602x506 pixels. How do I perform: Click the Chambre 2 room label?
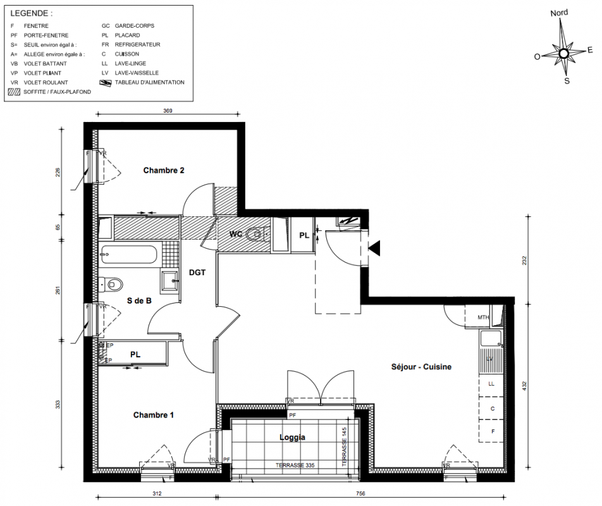click(164, 170)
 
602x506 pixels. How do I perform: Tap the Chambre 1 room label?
click(153, 415)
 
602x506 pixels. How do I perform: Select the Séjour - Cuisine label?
click(421, 367)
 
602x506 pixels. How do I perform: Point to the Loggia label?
click(292, 437)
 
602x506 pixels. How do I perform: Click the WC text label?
click(235, 234)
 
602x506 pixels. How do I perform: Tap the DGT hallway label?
click(197, 273)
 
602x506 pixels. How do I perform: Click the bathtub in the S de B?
click(128, 254)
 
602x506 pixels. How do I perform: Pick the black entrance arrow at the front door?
click(374, 248)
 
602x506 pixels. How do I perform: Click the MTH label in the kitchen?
click(483, 318)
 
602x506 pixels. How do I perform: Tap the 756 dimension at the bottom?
click(360, 493)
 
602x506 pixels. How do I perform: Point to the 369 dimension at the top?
click(168, 111)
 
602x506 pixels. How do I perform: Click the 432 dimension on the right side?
click(524, 386)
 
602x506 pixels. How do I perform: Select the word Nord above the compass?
click(559, 13)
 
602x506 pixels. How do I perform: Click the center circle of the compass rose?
click(563, 53)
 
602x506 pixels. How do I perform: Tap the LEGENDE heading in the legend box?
click(31, 13)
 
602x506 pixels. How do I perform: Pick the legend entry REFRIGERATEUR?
click(137, 44)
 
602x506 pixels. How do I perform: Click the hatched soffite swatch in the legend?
click(14, 92)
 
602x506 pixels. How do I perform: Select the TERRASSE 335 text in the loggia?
click(295, 466)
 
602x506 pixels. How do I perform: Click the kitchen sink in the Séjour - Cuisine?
click(490, 339)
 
